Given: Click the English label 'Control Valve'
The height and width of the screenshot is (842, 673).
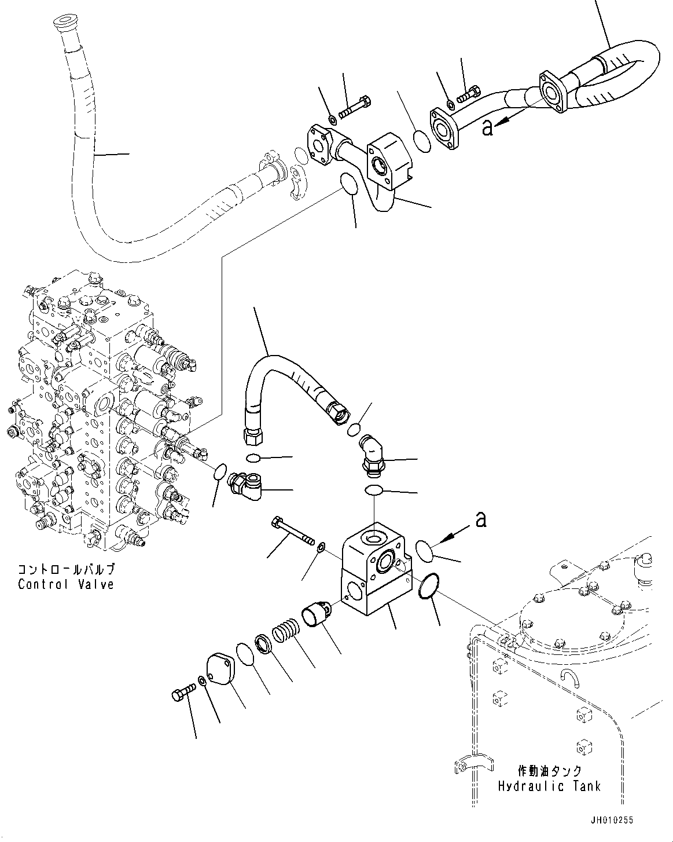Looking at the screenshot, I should point(65,584).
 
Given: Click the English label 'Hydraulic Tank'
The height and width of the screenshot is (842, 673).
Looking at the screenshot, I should point(549,786).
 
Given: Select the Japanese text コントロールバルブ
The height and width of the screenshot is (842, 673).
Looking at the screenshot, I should point(65,569).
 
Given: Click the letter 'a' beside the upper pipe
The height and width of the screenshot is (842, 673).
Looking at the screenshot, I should point(487,127).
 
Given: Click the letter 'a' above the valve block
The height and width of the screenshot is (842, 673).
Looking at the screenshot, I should point(480,520).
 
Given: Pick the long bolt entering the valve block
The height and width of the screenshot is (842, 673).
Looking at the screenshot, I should point(292,531).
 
